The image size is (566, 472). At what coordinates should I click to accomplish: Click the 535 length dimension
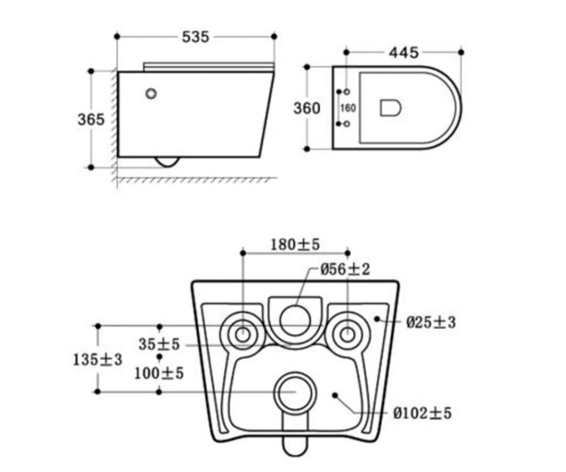point(195,37)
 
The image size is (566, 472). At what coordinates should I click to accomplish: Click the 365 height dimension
point(91,119)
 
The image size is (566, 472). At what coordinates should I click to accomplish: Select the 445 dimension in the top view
point(404,52)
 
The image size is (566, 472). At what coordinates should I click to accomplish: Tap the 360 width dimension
point(307,108)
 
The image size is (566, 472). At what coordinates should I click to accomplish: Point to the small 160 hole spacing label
point(348,108)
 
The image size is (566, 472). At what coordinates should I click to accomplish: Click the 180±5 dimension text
point(295,244)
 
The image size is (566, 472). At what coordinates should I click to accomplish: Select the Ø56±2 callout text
point(345,270)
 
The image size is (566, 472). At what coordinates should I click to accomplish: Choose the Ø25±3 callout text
point(431,322)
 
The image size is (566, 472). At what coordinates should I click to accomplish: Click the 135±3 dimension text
point(98,360)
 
